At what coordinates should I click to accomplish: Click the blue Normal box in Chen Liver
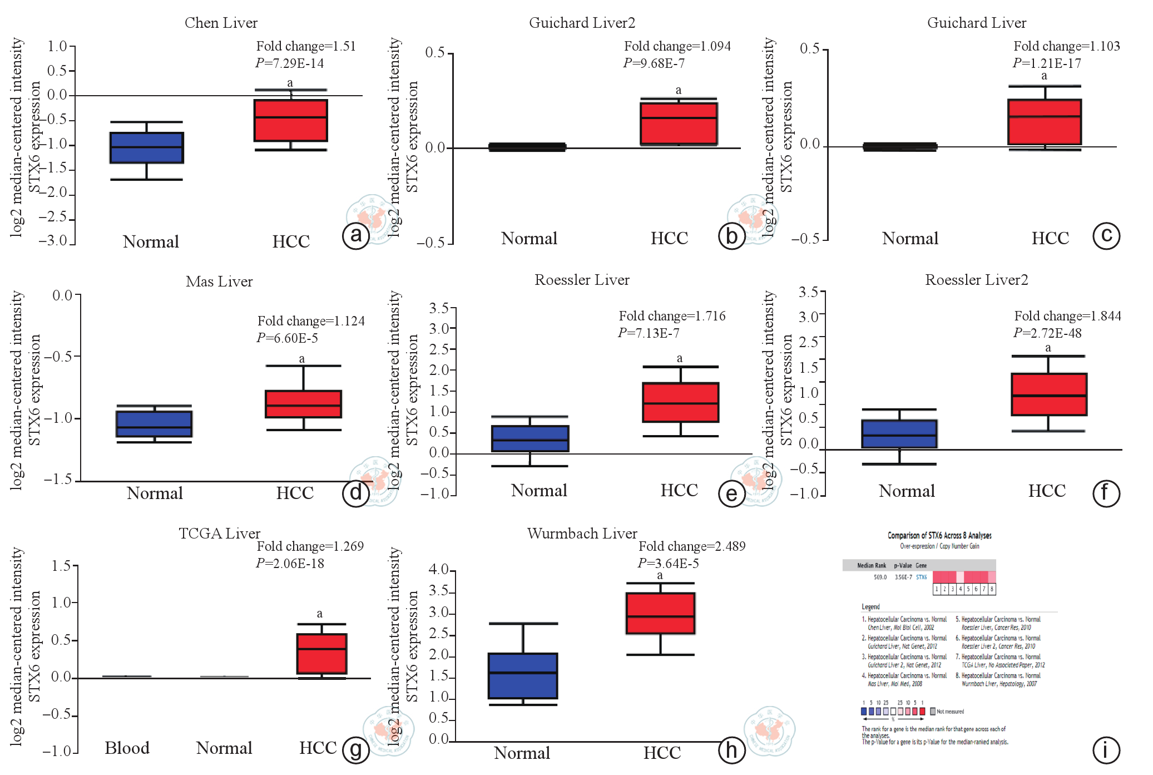pyautogui.click(x=147, y=147)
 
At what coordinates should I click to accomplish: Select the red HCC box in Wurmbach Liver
pyautogui.click(x=660, y=613)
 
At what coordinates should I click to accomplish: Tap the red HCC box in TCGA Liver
pyautogui.click(x=321, y=654)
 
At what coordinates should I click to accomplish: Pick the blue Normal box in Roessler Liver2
pyautogui.click(x=899, y=434)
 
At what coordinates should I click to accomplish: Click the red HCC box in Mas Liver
pyautogui.click(x=303, y=404)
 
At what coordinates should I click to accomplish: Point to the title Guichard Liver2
pyautogui.click(x=582, y=23)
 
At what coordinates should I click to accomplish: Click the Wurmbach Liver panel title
pyautogui.click(x=582, y=533)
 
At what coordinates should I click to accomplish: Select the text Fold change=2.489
pyautogui.click(x=692, y=546)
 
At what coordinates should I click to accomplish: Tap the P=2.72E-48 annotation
pyautogui.click(x=1047, y=333)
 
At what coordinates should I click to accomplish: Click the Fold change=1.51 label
pyautogui.click(x=306, y=46)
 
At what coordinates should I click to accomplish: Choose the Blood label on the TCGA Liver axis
pyautogui.click(x=127, y=748)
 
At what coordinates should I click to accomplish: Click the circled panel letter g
pyautogui.click(x=356, y=749)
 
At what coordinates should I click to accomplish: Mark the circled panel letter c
pyautogui.click(x=1106, y=236)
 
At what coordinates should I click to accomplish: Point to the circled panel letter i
pyautogui.click(x=1106, y=749)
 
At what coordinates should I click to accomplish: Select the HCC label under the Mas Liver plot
pyautogui.click(x=295, y=493)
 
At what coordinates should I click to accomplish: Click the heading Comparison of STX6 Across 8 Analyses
pyautogui.click(x=939, y=535)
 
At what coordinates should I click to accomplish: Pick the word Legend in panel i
pyautogui.click(x=870, y=606)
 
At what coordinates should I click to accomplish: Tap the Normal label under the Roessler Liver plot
pyautogui.click(x=539, y=490)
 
